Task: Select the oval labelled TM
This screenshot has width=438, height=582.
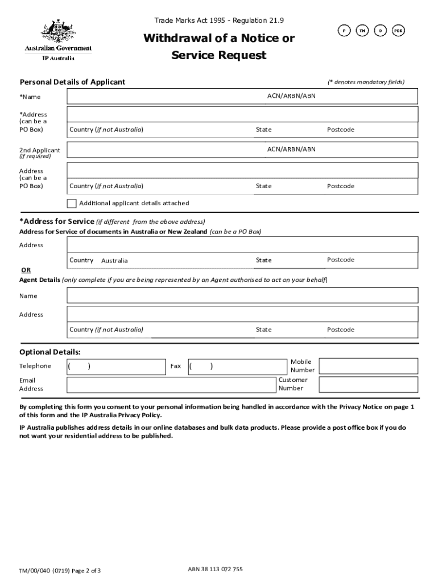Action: click(361, 31)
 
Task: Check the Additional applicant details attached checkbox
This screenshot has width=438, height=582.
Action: click(72, 203)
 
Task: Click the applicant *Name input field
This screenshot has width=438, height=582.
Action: click(165, 97)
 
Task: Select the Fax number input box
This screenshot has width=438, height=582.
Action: click(238, 366)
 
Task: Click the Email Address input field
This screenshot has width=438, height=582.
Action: click(171, 385)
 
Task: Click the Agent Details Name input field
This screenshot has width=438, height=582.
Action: click(242, 296)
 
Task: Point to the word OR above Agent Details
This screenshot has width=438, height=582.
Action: click(26, 270)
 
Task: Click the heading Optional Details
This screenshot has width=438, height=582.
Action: click(50, 352)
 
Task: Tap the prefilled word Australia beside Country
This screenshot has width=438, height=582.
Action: click(114, 261)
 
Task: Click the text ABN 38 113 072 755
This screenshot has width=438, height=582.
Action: click(215, 569)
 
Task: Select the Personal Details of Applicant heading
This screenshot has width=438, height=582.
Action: click(72, 82)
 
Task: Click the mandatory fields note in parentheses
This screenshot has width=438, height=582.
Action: click(366, 82)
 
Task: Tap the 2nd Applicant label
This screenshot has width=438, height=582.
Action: click(39, 151)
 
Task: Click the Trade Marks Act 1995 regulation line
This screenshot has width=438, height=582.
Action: click(219, 21)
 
